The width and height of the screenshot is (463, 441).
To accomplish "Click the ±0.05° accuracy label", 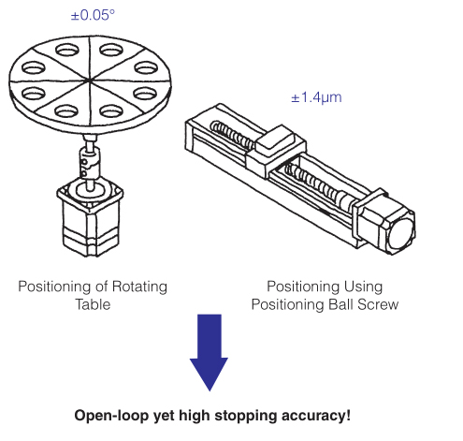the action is coord(93,15).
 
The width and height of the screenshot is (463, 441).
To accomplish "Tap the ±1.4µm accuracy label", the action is coord(316,97).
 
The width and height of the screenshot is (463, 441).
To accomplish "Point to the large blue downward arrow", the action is coord(210,352).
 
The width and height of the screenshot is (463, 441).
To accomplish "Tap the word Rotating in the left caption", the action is coord(139,287).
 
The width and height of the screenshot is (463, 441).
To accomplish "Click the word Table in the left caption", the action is coord(93,304).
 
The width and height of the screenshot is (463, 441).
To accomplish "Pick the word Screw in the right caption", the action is coord(378,304).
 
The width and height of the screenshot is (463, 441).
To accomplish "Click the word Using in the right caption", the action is coord(363,287).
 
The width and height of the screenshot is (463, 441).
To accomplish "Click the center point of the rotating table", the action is coord(89,81).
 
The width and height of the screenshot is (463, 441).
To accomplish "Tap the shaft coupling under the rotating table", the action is coord(90,162).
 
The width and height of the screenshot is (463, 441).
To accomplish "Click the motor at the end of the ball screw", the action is coord(384,220).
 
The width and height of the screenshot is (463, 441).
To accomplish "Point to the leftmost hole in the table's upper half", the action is coord(34,68).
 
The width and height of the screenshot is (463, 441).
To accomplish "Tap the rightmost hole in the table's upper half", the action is coord(146,68).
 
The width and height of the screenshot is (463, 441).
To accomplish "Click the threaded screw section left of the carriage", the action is coord(233,135).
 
